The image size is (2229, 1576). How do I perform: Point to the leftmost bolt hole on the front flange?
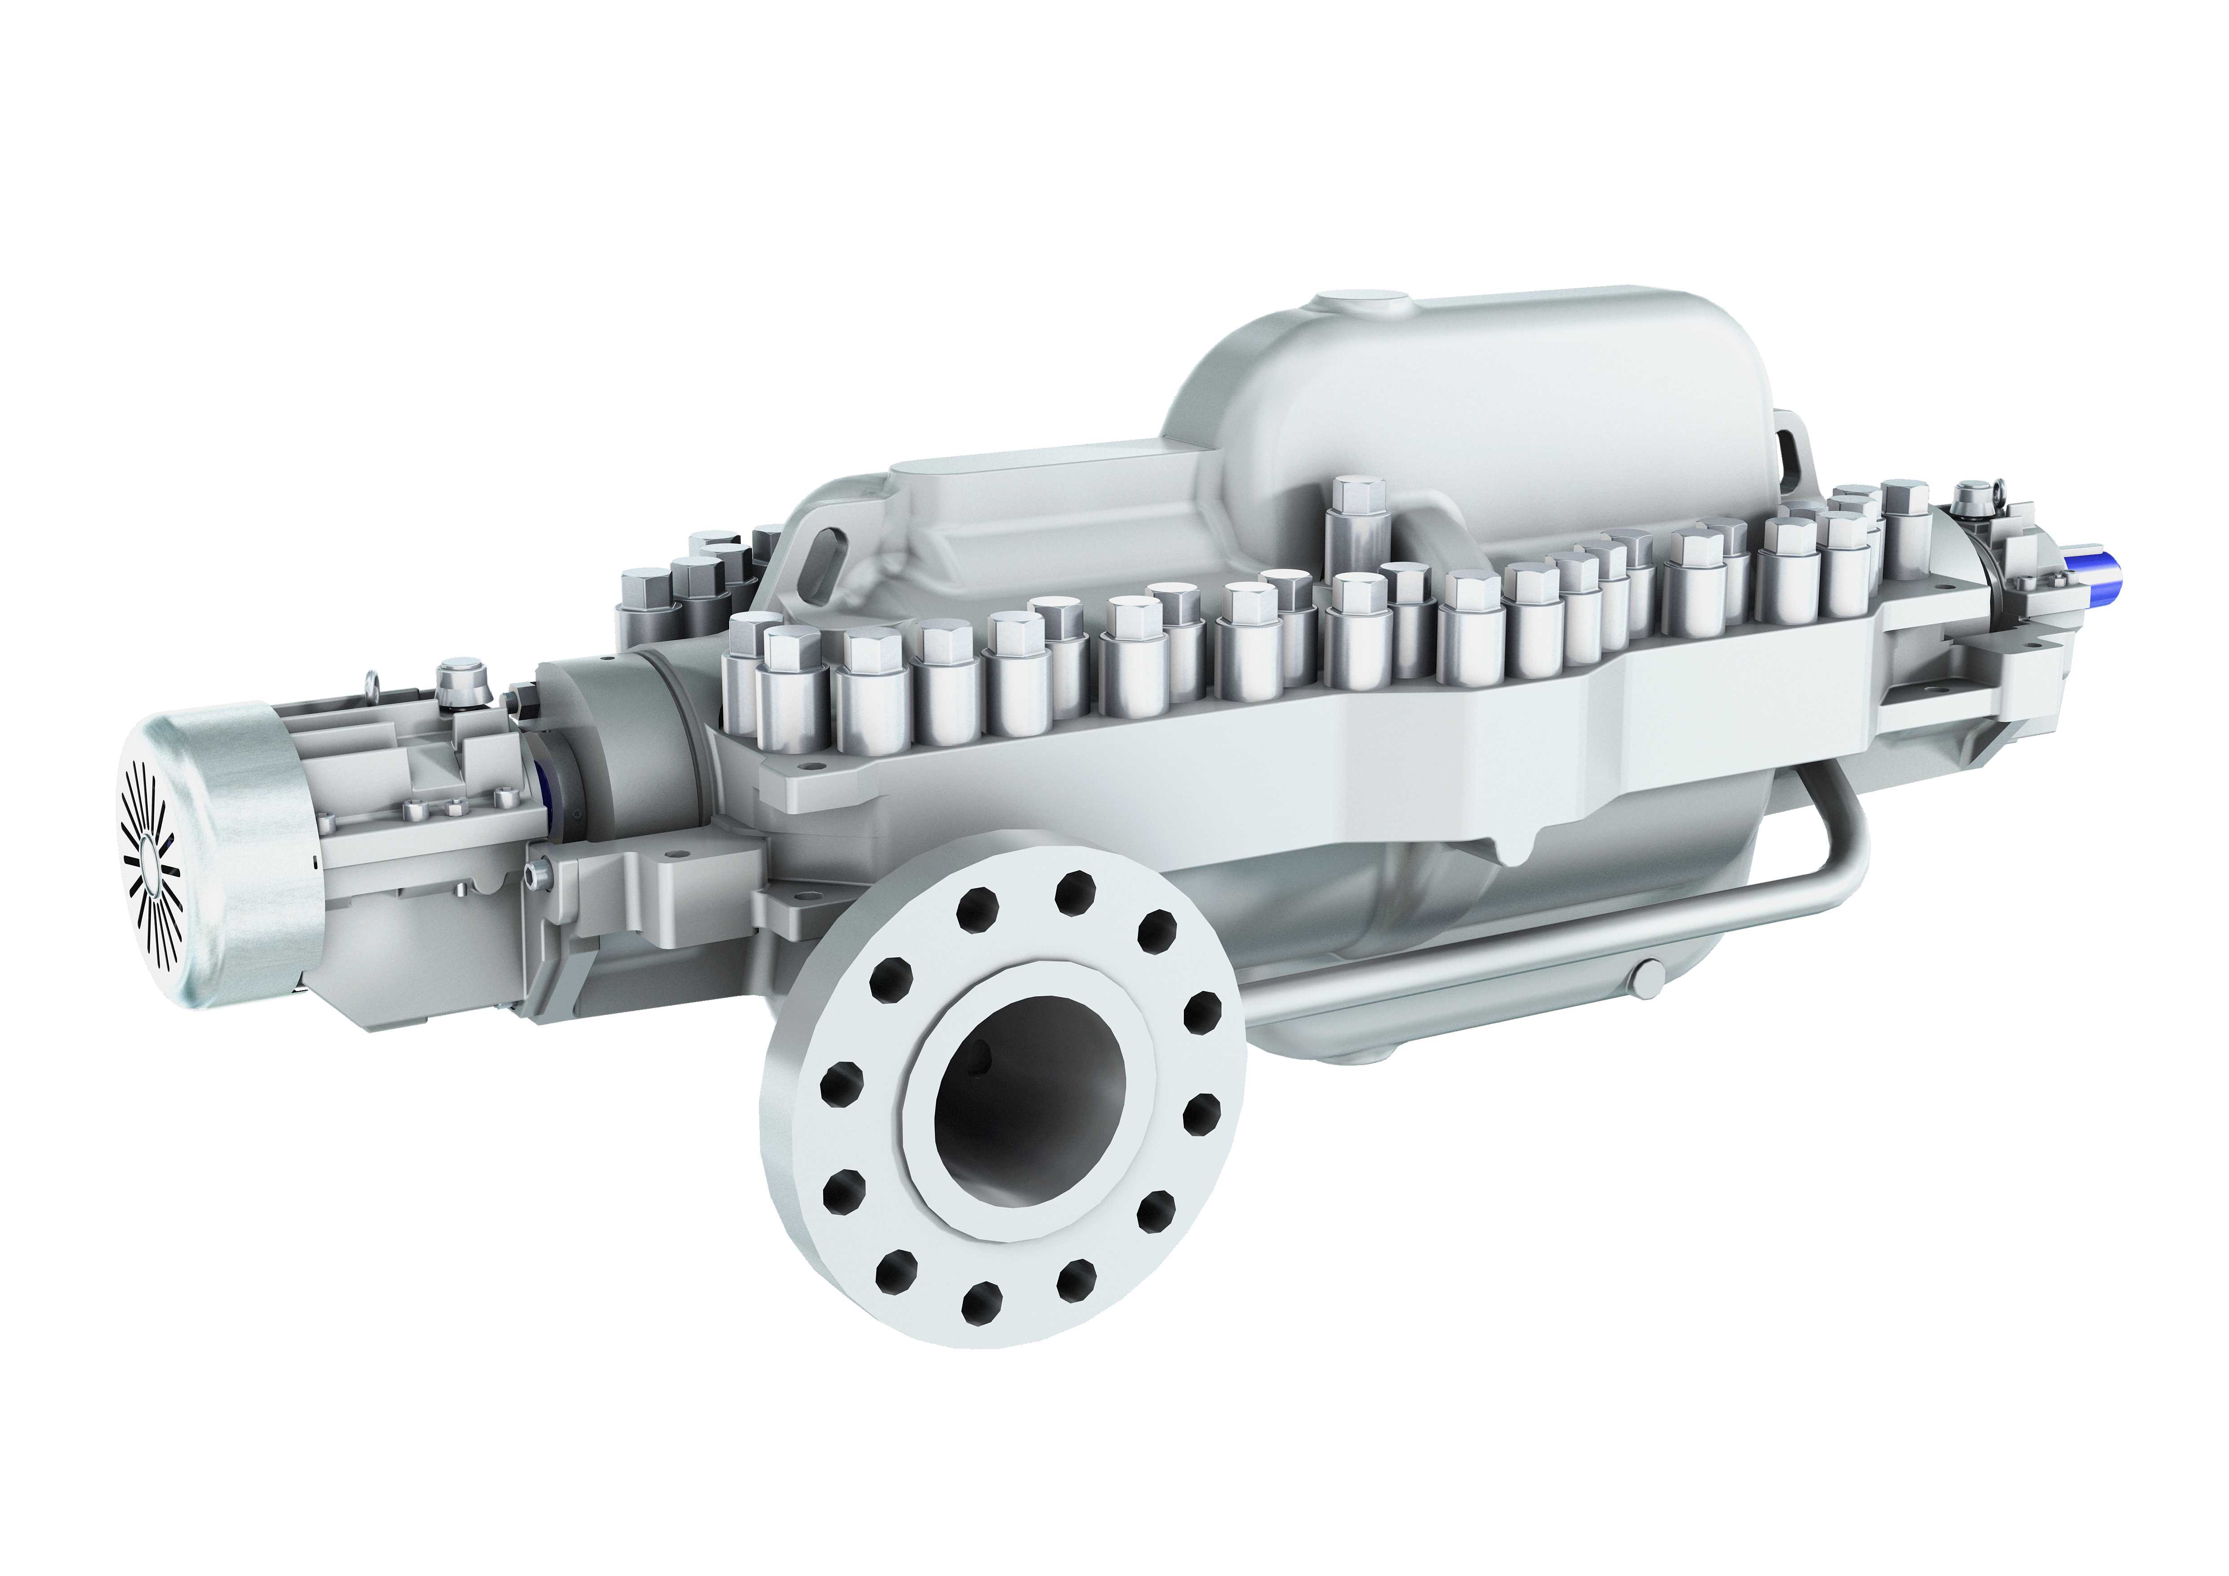(x=841, y=1079)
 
